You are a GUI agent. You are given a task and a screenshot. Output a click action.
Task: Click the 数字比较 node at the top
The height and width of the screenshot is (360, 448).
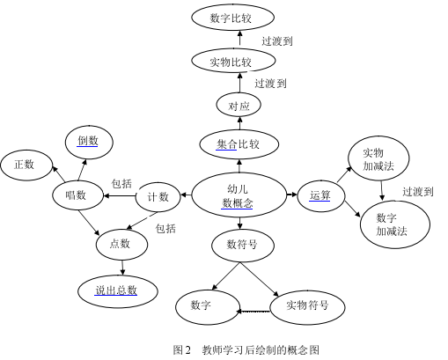[232, 18]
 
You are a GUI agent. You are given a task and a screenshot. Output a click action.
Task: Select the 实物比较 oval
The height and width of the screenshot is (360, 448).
[233, 61]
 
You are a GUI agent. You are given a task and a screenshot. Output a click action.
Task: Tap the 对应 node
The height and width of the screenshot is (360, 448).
[239, 105]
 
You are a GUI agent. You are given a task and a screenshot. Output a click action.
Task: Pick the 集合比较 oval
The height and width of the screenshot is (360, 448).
[239, 144]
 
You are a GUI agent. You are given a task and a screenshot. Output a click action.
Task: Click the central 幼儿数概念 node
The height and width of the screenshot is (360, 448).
[239, 195]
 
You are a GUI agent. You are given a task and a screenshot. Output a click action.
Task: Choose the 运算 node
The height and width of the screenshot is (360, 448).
[320, 195]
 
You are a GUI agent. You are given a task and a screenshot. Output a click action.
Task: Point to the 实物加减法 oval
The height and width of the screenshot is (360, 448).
[378, 158]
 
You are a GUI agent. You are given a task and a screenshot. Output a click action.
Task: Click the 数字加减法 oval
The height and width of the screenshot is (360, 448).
[395, 224]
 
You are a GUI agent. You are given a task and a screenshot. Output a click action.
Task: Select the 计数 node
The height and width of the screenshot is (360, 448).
[158, 196]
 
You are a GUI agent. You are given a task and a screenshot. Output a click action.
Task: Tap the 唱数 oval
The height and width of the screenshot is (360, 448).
[78, 195]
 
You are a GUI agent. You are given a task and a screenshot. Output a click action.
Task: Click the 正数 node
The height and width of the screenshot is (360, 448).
[26, 165]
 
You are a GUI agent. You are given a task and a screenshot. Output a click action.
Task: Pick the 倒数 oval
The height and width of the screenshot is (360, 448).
[89, 142]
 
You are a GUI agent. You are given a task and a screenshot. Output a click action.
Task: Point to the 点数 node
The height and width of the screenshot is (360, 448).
[121, 245]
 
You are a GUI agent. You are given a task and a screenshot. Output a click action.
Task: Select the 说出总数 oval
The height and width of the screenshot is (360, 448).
[118, 290]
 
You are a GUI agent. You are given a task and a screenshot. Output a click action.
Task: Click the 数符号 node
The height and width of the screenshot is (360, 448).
[243, 245]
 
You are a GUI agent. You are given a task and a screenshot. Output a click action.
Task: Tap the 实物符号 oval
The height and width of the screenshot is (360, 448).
[307, 307]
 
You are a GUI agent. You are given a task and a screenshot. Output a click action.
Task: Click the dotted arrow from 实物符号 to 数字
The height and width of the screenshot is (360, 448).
[253, 312]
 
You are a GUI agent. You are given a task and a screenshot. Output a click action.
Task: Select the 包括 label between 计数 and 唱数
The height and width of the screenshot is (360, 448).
[121, 184]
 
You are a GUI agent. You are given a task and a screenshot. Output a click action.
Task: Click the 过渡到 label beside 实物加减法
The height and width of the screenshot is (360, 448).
[418, 192]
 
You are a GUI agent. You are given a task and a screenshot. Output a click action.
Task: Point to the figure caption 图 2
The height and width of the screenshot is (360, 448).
[181, 349]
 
